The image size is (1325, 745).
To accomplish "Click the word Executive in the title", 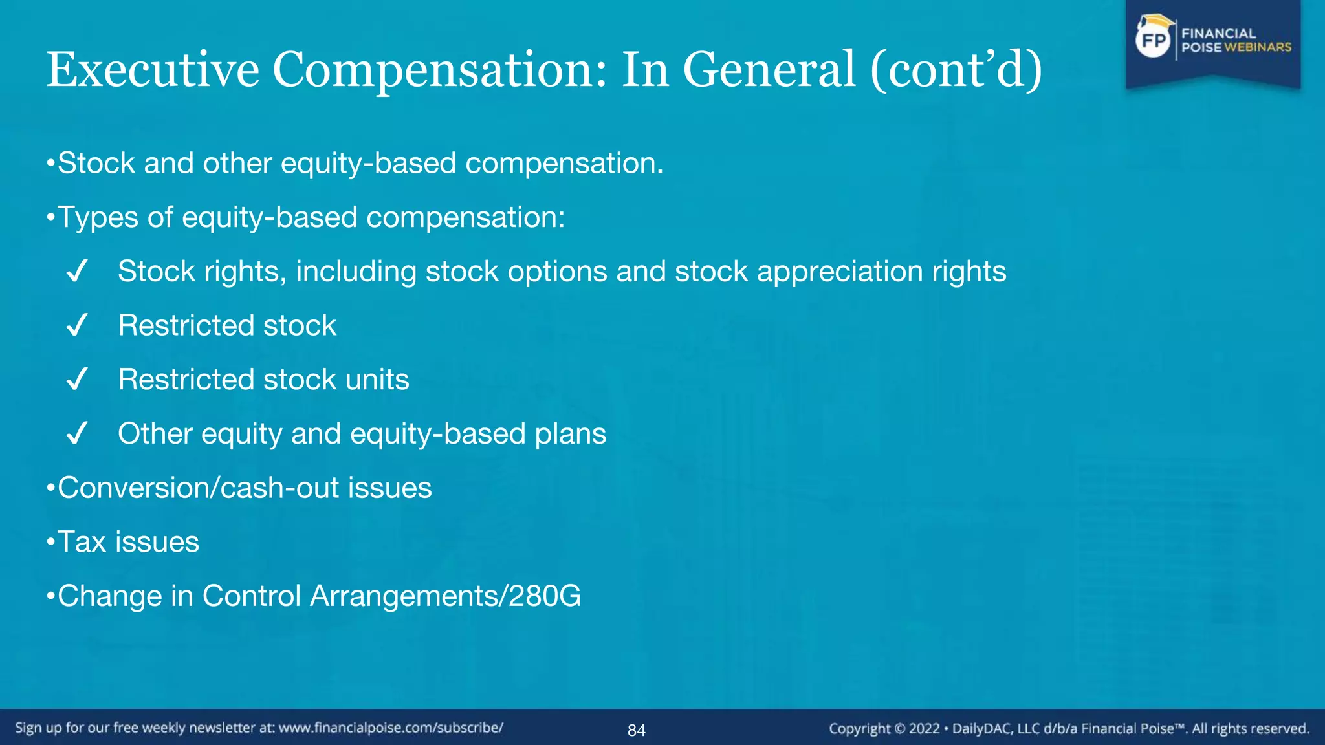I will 153,70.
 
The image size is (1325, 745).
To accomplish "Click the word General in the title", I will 769,70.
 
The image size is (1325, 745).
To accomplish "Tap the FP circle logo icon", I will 1154,41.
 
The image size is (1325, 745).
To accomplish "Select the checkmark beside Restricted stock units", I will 76,380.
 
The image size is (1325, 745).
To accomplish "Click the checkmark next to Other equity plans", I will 76,434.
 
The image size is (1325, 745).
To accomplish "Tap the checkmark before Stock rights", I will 76,272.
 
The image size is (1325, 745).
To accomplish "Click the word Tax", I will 82,542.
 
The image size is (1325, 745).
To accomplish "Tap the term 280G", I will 545,596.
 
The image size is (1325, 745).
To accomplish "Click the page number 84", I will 636,731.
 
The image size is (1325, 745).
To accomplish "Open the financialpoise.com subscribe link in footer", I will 391,728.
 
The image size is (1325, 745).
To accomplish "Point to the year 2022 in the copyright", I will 924,729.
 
